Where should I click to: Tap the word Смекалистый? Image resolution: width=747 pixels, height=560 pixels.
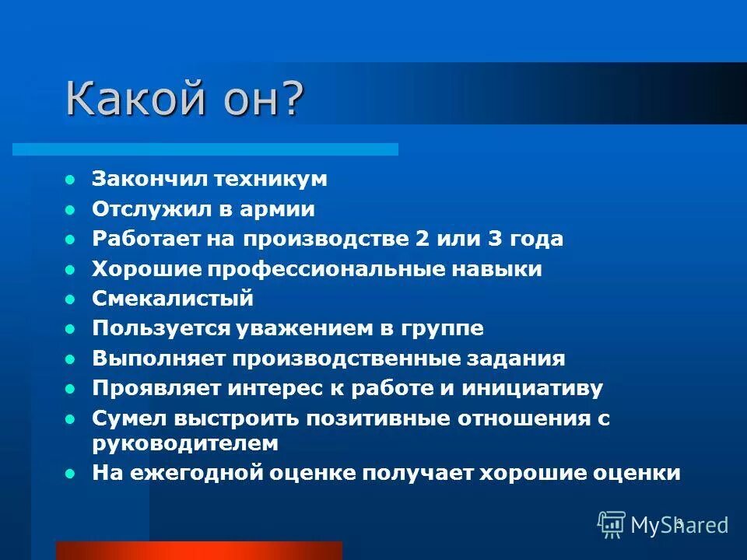[x=173, y=299]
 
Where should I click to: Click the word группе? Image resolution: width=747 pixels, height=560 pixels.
[x=444, y=328]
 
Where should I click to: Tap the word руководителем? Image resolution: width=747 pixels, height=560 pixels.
[x=184, y=443]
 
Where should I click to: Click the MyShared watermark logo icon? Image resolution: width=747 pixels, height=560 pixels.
[x=612, y=523]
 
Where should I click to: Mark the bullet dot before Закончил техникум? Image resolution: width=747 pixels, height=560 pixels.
[x=71, y=180]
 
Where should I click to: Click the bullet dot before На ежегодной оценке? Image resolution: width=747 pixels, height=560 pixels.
[x=71, y=473]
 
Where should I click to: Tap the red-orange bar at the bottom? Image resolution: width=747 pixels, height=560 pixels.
[x=198, y=550]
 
